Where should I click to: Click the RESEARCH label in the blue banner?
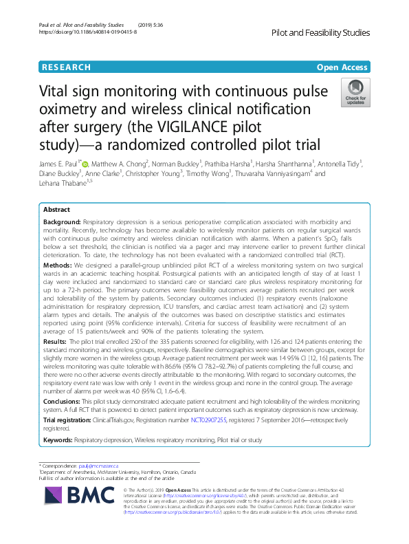[x=66, y=67]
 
